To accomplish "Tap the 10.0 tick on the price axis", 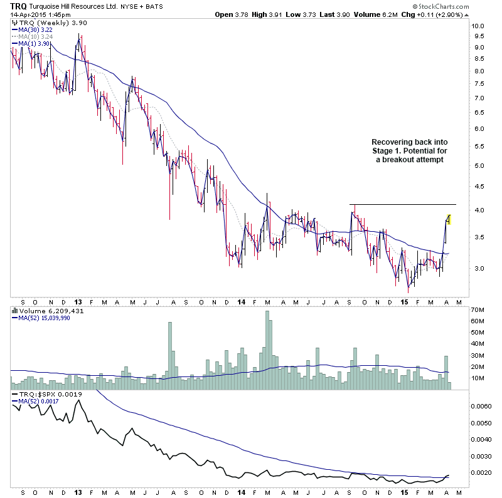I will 479,26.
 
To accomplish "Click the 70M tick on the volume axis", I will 481,310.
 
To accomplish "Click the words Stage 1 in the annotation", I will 385,151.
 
